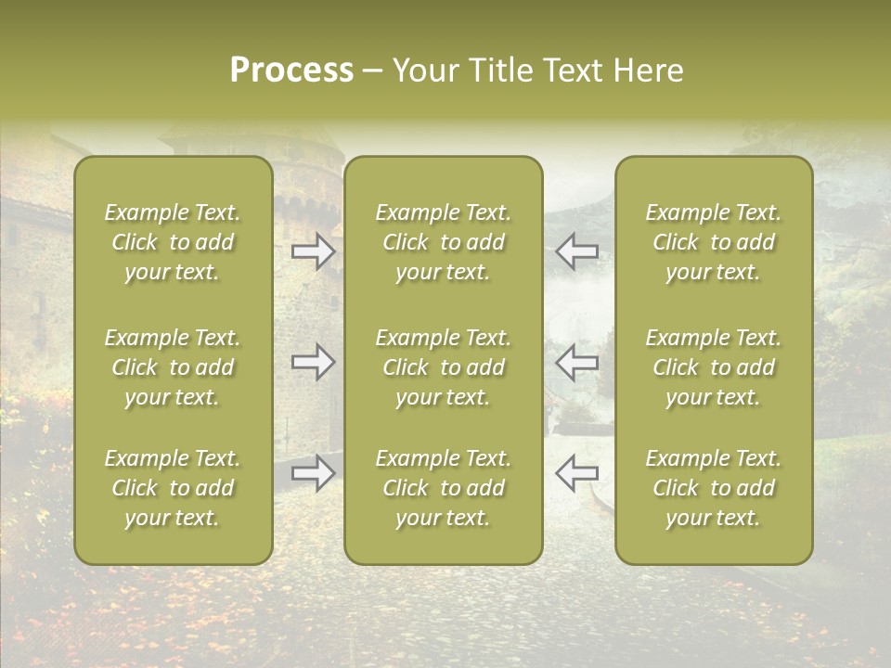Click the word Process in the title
point(291,71)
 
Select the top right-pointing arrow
point(313,251)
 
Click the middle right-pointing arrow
point(313,363)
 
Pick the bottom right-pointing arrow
point(313,473)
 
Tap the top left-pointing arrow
point(577,251)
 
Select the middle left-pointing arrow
point(577,363)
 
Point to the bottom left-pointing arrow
point(577,473)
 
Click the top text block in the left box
point(173,242)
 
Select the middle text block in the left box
point(173,367)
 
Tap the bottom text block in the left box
point(173,488)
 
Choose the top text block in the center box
point(444,242)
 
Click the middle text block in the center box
point(444,367)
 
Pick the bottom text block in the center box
point(444,488)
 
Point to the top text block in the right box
point(714,242)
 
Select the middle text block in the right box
point(714,367)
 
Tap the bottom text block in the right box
point(714,488)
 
